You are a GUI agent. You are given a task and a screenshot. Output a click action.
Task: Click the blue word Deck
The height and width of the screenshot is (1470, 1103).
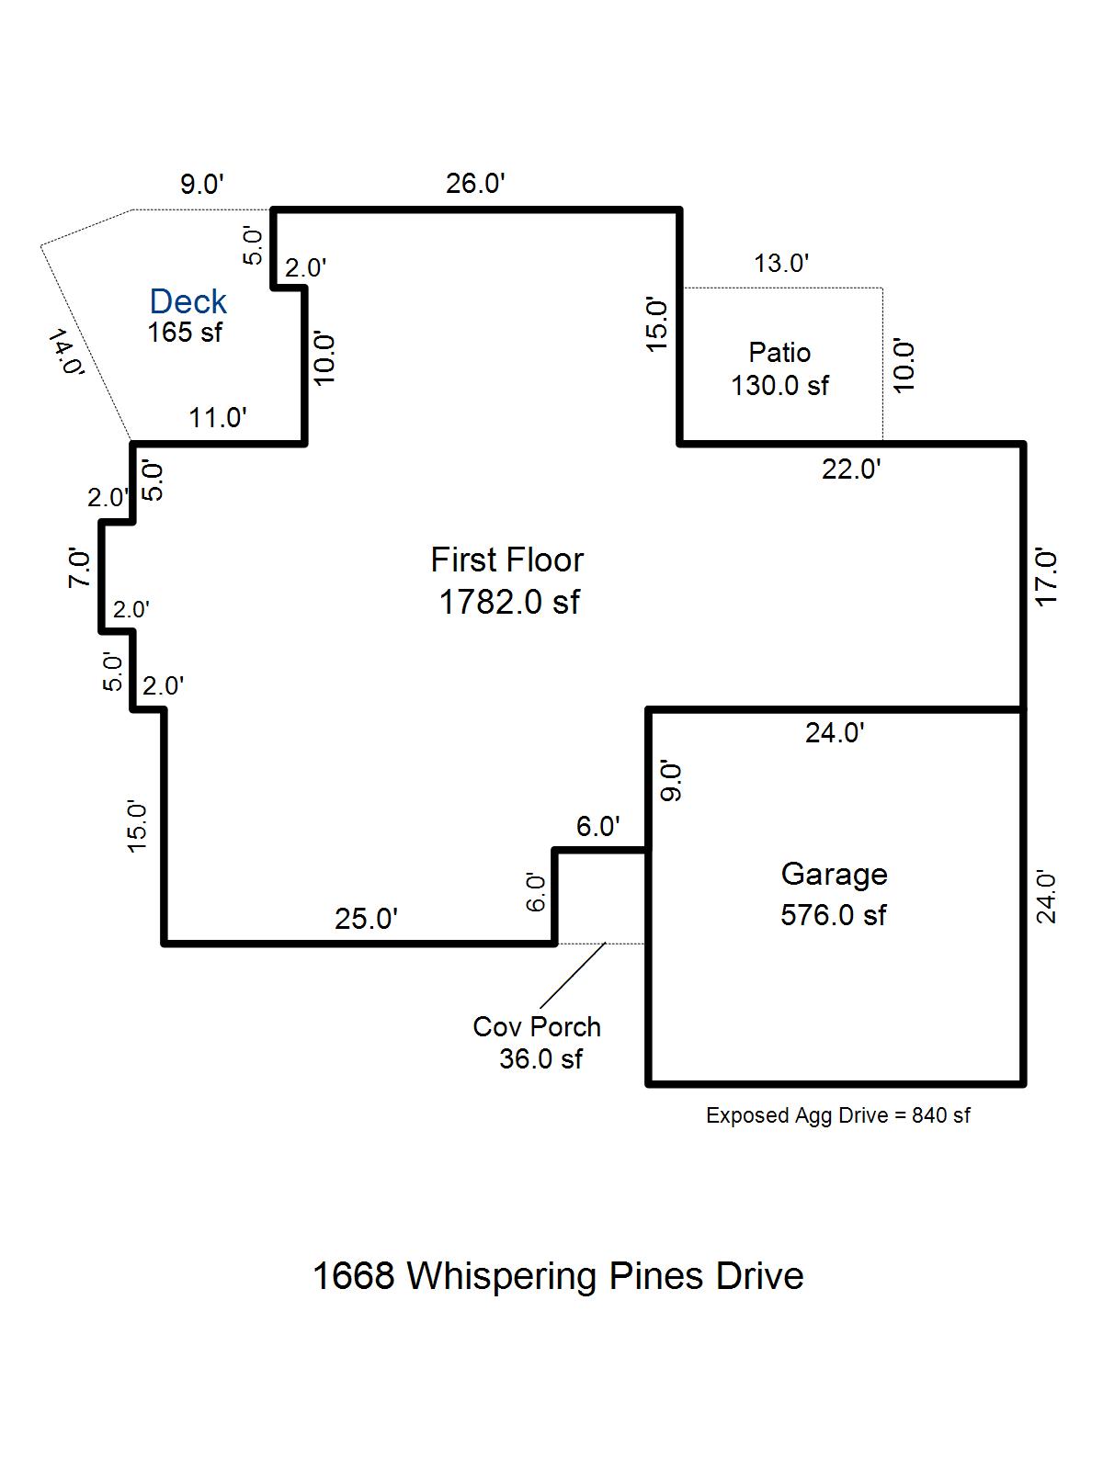click(188, 301)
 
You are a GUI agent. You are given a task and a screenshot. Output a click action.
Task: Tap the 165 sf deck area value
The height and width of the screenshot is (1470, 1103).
click(185, 333)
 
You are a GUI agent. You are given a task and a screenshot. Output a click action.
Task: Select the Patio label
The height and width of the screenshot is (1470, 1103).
click(779, 352)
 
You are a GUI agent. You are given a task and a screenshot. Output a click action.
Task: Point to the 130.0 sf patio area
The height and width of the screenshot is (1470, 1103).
click(779, 386)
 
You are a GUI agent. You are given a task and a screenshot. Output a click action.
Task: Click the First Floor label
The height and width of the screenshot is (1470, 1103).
click(507, 560)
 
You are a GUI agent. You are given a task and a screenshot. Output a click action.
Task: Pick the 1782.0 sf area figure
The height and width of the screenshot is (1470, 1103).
click(509, 602)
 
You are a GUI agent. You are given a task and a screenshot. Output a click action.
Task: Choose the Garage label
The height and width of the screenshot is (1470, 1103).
click(835, 876)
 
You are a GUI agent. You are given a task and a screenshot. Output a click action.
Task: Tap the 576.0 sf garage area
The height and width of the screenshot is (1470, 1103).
click(834, 915)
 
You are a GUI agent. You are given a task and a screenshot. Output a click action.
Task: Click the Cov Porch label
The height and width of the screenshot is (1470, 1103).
click(537, 1026)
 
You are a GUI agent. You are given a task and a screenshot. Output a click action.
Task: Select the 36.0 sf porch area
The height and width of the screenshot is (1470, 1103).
click(541, 1058)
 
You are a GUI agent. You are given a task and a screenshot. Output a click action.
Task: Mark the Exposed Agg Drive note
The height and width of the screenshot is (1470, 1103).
click(837, 1115)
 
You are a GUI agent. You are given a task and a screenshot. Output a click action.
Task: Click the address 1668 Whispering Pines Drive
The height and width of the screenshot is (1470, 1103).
click(558, 1276)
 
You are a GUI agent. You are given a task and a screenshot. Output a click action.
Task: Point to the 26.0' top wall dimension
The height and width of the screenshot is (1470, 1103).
click(475, 184)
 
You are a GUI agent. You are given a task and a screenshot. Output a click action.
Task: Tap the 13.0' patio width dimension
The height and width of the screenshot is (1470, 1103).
click(781, 263)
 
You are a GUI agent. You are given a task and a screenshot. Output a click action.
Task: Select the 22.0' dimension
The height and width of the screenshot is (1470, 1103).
click(851, 469)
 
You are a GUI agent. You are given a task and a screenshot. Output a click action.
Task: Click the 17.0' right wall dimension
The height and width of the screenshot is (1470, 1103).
click(1046, 577)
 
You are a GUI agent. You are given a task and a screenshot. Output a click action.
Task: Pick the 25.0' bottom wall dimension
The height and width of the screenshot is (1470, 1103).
click(367, 919)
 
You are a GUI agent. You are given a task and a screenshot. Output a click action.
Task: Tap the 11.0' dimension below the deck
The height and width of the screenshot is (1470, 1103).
click(218, 418)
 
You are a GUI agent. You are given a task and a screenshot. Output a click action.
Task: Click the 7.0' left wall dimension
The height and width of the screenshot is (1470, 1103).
click(79, 569)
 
